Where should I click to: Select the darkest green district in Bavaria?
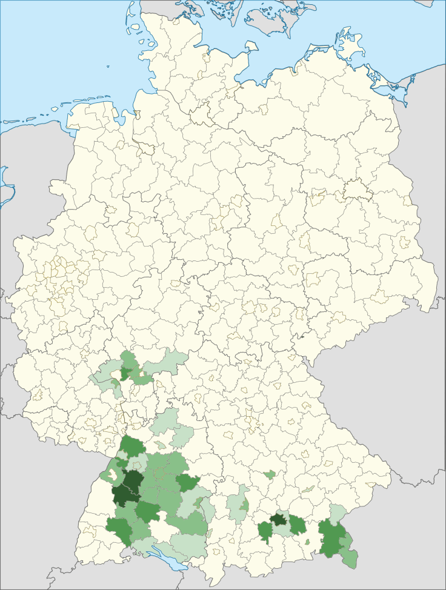click(x=279, y=519)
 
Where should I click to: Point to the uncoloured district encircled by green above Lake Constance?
click(x=161, y=531)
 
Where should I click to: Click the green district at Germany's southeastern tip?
click(x=350, y=557)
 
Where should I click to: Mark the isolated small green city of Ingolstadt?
click(x=270, y=474)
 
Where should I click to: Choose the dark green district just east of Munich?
click(x=297, y=524)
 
